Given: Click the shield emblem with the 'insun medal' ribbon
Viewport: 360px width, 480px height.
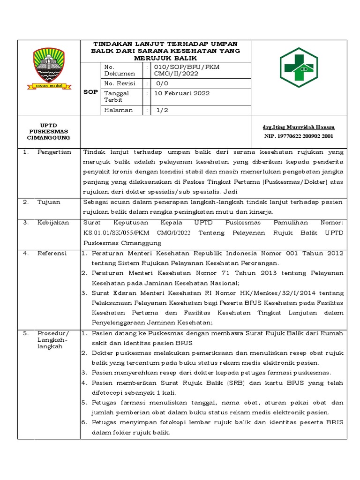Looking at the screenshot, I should point(49,69).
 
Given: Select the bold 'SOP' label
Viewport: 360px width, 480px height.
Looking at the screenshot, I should point(90,92).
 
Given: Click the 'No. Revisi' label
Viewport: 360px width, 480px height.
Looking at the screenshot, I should point(120,83).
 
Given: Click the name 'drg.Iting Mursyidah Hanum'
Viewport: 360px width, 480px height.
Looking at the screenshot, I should point(299,127).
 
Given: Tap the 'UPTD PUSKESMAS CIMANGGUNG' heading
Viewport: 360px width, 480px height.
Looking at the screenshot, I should point(49,132).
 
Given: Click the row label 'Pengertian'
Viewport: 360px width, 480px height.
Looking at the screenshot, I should point(54,152).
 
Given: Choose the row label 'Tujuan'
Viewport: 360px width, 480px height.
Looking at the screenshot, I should point(49,202).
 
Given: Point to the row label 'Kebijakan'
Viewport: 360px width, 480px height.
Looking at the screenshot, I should point(53,223).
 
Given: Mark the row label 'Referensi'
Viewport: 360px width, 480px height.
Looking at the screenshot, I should point(52,253).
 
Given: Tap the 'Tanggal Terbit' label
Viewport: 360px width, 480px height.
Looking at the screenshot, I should point(116,97).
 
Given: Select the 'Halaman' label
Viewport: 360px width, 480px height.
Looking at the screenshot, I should point(118,110).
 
